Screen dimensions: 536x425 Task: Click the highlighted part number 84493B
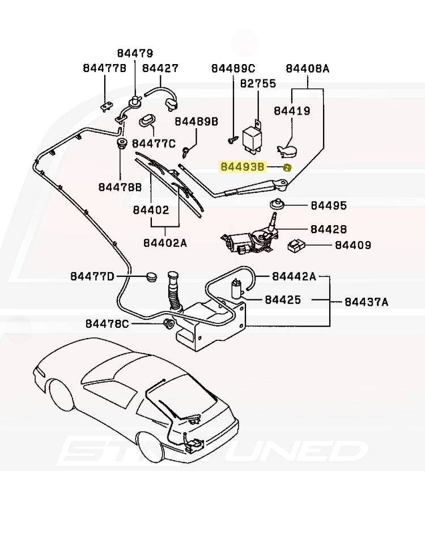(x=243, y=167)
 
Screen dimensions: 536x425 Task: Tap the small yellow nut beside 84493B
(x=287, y=167)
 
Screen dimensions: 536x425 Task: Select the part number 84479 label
(x=135, y=53)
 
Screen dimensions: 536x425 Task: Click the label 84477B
(x=104, y=68)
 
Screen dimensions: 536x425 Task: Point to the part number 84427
(x=160, y=68)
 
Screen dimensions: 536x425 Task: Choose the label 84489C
(x=233, y=68)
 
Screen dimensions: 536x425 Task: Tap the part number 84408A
(x=307, y=68)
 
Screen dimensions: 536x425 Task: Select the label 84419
(x=292, y=111)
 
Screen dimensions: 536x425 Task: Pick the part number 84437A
(x=367, y=302)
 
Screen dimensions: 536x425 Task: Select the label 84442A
(x=294, y=276)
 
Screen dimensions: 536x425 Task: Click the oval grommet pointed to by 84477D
(x=151, y=277)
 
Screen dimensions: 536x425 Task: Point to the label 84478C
(x=107, y=324)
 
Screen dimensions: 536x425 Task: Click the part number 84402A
(x=165, y=243)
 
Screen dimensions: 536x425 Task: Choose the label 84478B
(x=120, y=187)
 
